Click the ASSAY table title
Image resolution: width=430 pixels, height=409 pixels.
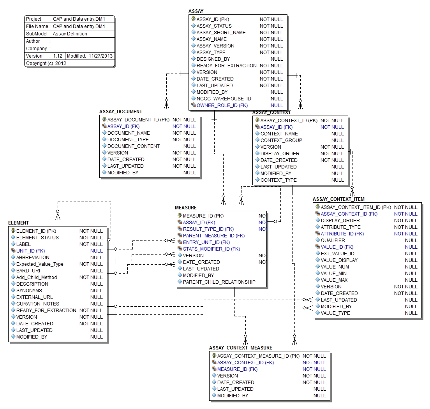[196, 11]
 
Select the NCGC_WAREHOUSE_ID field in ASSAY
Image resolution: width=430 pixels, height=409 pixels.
[224, 99]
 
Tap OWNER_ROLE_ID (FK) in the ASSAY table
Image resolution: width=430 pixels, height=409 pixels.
[222, 105]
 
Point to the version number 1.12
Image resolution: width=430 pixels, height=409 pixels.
[58, 56]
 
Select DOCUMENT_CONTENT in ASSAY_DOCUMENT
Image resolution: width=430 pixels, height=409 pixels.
[133, 146]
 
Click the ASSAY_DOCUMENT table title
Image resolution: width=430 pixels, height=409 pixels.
[121, 112]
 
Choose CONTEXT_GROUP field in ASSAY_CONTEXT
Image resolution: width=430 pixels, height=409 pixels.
[281, 140]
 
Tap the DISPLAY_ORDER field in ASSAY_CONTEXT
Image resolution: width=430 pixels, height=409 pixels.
[280, 154]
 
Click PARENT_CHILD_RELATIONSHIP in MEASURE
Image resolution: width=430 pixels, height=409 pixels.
[219, 282]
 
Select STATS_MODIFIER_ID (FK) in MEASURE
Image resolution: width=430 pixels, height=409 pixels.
[211, 249]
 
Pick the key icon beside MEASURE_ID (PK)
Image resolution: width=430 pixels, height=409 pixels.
[180, 216]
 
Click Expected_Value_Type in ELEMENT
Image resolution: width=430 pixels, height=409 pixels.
[40, 264]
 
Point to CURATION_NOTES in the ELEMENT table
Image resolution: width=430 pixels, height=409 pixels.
[38, 304]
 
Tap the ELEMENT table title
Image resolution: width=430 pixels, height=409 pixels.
[18, 223]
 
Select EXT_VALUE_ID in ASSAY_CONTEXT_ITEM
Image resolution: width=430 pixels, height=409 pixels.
[337, 254]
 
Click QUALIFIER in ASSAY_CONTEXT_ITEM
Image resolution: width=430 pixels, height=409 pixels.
[333, 240]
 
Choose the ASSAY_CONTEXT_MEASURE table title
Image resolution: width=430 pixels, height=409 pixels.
[240, 348]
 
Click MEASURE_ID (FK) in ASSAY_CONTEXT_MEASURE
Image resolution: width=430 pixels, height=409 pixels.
[237, 369]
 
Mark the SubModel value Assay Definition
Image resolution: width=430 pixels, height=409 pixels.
[70, 34]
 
